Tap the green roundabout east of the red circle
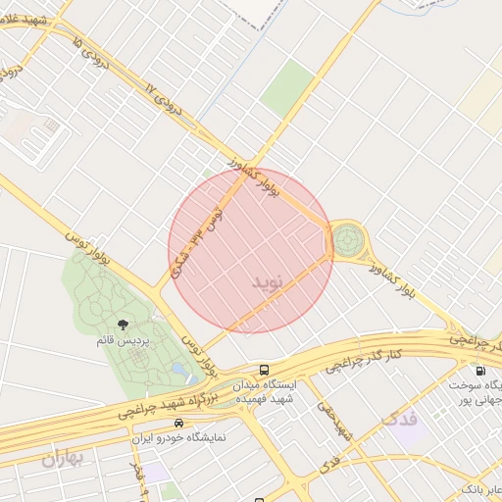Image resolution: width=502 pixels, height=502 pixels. coord(346,238)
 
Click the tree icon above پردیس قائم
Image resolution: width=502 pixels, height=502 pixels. coord(123,326)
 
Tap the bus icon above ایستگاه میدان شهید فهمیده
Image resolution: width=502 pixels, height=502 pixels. coord(264,370)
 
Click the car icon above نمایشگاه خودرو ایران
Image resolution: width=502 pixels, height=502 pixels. coord(178,423)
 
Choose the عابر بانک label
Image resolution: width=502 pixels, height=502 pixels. coord(479,488)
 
